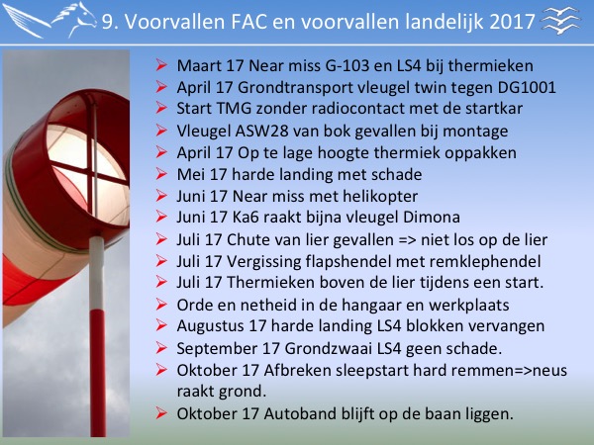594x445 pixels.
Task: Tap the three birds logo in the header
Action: coord(561,21)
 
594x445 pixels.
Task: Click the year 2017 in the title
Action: coord(512,22)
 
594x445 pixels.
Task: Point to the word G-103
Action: coord(347,66)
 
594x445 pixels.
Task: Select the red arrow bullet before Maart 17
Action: coord(161,64)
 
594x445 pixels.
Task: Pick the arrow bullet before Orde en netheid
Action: coord(161,304)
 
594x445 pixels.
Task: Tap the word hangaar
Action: coord(370,306)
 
